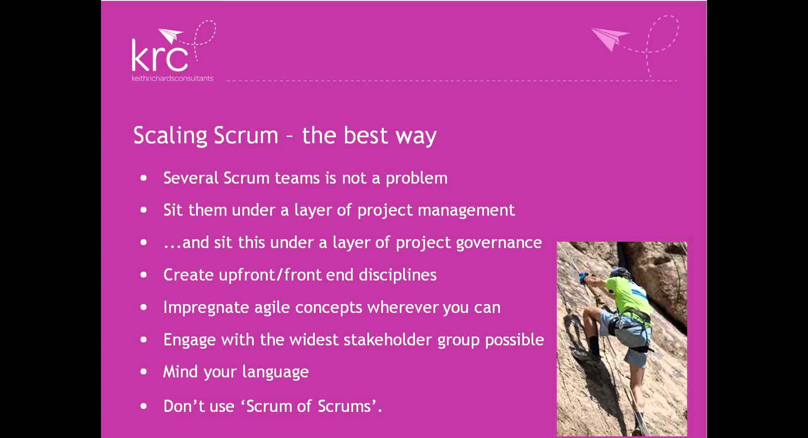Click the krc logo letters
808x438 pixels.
[x=160, y=56]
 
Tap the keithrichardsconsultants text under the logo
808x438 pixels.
[x=173, y=78]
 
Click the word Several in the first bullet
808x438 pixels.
[x=191, y=178]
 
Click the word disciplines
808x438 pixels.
[x=398, y=275]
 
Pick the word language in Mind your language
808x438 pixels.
[x=275, y=372]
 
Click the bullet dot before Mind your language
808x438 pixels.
[x=144, y=372]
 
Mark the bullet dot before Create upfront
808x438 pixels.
[x=144, y=275]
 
